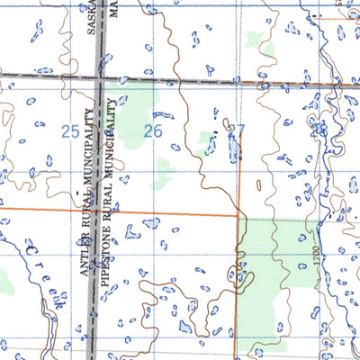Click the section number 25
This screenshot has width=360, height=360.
[x=69, y=131]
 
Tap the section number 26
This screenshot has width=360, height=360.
[x=153, y=131]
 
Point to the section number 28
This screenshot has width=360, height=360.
[x=318, y=131]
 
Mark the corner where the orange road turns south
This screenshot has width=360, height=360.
[x=238, y=215]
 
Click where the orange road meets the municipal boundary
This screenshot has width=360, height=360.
[x=97, y=211]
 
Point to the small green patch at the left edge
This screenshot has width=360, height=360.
[x=7, y=283]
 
